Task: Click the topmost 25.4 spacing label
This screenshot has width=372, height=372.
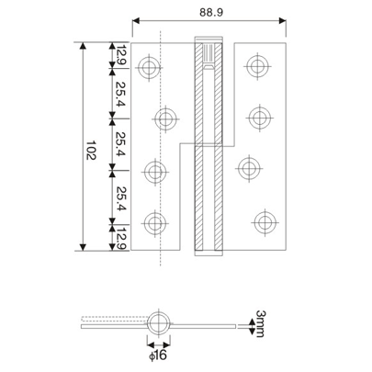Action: click(x=118, y=94)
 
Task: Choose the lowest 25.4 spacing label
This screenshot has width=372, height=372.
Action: click(x=118, y=197)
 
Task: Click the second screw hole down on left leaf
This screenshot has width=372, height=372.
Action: click(x=166, y=118)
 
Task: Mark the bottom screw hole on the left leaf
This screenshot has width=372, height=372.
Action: click(x=155, y=222)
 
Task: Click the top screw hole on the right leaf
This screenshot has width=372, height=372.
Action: click(x=259, y=65)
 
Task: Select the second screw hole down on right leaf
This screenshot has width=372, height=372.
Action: click(x=258, y=118)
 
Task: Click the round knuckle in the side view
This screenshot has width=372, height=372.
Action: click(x=161, y=323)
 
